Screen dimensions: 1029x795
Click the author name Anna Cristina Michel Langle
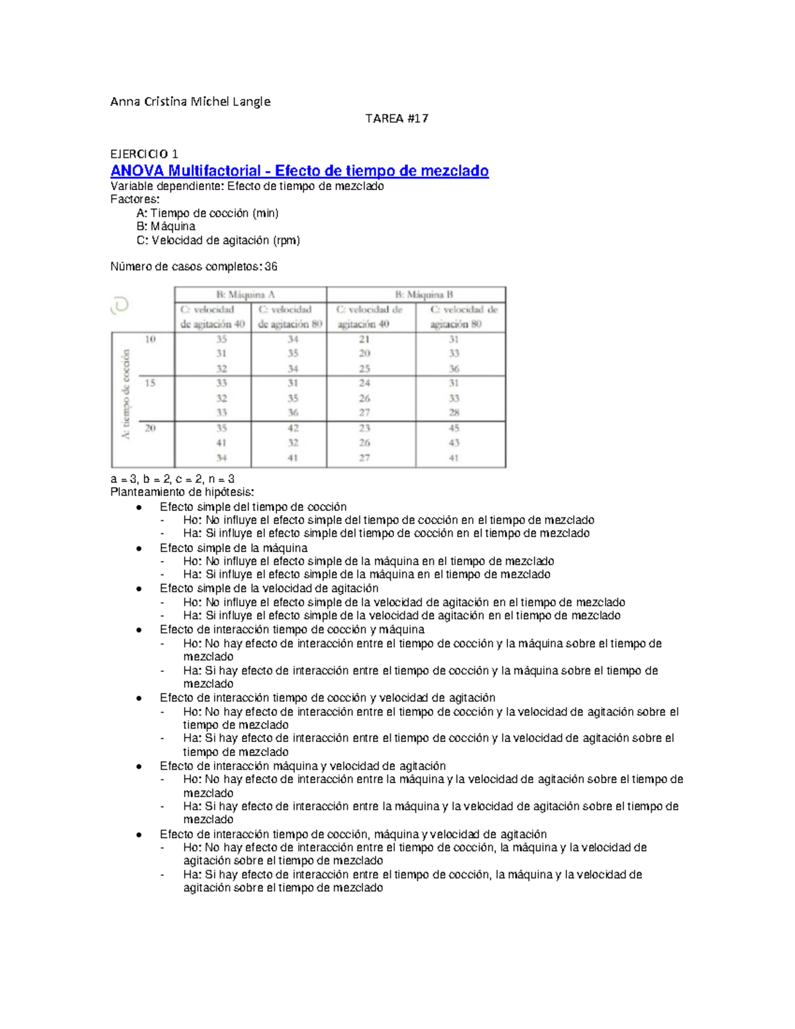pyautogui.click(x=190, y=101)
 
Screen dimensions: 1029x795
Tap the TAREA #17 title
pyautogui.click(x=397, y=119)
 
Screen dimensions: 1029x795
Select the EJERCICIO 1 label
pyautogui.click(x=144, y=154)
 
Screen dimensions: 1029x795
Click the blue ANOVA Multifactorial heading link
pyautogui.click(x=299, y=171)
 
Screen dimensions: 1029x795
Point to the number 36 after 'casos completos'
pyautogui.click(x=271, y=267)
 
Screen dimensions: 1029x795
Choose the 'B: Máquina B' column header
pyautogui.click(x=415, y=295)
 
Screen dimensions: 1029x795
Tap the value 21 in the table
pyautogui.click(x=364, y=339)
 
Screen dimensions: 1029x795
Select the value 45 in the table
pyautogui.click(x=454, y=428)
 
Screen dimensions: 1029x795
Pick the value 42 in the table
pyautogui.click(x=293, y=428)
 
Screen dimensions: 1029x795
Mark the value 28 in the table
pyautogui.click(x=454, y=412)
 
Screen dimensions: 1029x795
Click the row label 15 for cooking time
pyautogui.click(x=150, y=383)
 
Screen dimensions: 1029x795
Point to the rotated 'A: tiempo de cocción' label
pyautogui.click(x=125, y=394)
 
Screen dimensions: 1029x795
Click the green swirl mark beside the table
pyautogui.click(x=120, y=305)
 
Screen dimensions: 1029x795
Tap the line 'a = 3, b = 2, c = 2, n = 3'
pyautogui.click(x=172, y=479)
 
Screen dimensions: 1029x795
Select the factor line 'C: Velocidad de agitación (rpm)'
pyautogui.click(x=218, y=241)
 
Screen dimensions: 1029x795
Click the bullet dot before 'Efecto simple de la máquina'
pyautogui.click(x=138, y=549)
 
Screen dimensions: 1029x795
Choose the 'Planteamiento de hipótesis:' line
pyautogui.click(x=182, y=492)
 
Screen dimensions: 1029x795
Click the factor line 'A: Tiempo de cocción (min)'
pyautogui.click(x=207, y=213)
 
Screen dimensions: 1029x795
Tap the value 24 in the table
pyautogui.click(x=364, y=383)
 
